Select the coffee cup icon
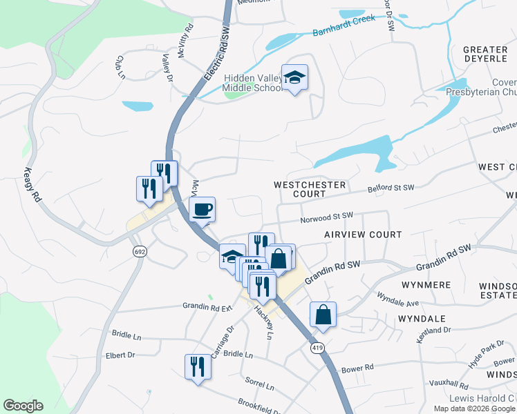tap(202, 209)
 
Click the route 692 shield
tap(140, 252)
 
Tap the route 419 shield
tap(317, 347)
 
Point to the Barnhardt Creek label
tap(344, 26)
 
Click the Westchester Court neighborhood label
tap(309, 190)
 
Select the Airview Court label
tap(363, 235)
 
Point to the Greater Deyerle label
tap(485, 55)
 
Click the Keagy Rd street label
tap(33, 186)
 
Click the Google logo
tap(23, 406)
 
